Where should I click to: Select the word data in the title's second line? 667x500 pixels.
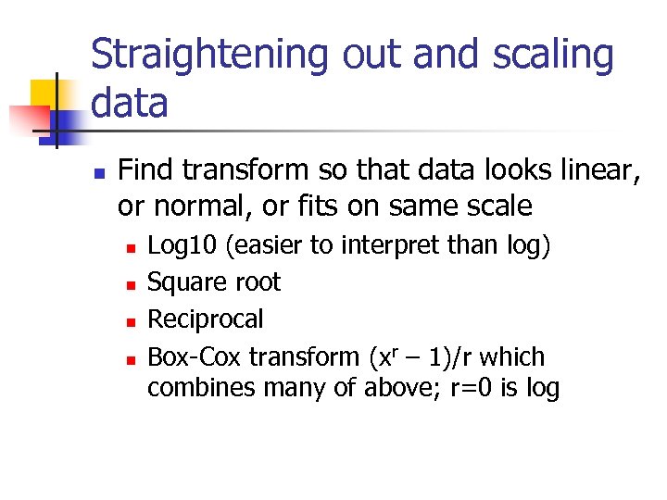pos(129,103)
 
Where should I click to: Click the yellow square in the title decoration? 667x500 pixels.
pos(46,94)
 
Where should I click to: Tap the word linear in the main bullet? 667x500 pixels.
pos(592,170)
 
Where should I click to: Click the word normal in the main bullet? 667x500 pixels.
pos(194,205)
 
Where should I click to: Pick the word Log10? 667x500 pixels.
pos(183,245)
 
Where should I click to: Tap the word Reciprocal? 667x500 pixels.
pos(206,319)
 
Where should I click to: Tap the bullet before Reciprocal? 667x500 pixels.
pos(132,321)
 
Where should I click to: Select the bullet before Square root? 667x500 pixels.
pos(132,284)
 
